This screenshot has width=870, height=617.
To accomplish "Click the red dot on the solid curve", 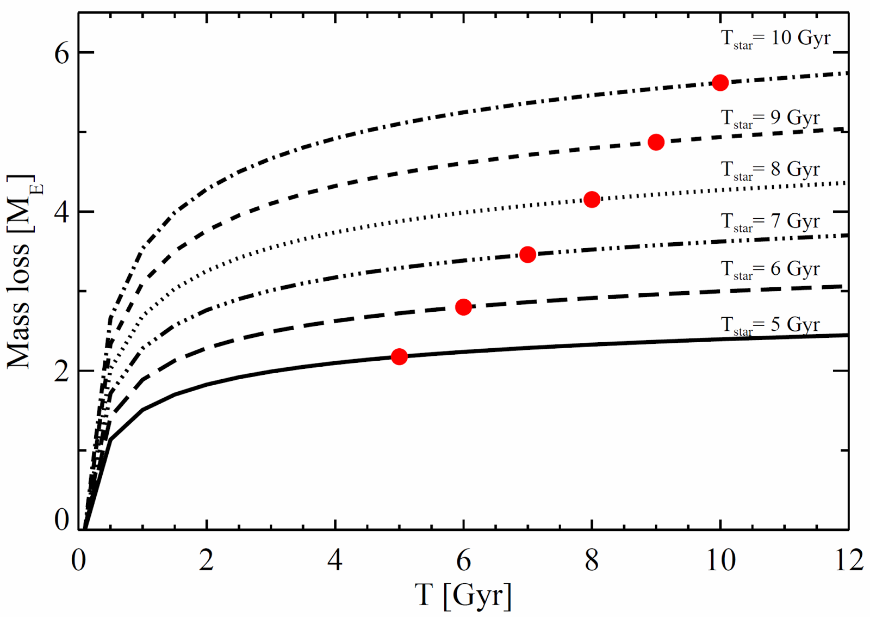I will tap(399, 356).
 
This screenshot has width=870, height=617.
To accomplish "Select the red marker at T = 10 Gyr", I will tap(720, 83).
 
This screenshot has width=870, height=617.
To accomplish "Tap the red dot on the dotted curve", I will tap(592, 200).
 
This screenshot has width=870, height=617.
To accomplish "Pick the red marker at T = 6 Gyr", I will tap(463, 307).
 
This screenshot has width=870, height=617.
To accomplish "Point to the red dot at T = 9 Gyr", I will tap(656, 142).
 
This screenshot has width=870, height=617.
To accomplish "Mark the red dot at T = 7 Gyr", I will tap(527, 254).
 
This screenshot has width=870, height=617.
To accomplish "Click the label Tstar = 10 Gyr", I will tap(775, 39).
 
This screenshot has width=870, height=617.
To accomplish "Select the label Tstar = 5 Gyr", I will tap(770, 325).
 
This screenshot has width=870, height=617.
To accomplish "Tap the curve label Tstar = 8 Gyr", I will tap(770, 170).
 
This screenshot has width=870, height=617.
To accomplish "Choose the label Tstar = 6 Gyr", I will tap(770, 270).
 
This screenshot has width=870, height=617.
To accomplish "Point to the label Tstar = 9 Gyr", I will tap(770, 119).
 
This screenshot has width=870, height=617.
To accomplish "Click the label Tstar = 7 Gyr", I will tap(770, 222).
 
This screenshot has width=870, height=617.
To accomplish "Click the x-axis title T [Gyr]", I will tap(463, 595).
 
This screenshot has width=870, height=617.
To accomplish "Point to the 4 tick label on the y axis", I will tap(62, 212).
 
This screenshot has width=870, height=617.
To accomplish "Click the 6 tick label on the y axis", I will tap(62, 53).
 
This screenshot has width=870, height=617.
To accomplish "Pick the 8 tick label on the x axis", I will tap(592, 560).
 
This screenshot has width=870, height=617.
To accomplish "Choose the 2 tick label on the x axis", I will tap(207, 560).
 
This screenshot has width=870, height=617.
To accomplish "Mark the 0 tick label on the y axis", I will tap(62, 520).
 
